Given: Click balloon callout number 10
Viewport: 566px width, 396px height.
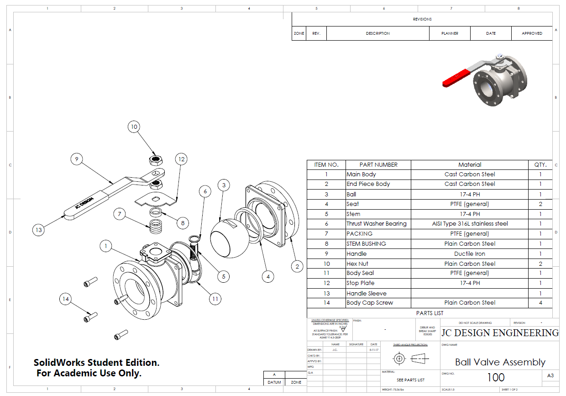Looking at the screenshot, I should [134, 127].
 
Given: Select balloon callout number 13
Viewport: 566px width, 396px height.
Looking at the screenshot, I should [39, 230].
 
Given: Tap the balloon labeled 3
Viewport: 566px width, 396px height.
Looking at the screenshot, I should [224, 185].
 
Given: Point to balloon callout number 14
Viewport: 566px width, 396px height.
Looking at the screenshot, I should [66, 299].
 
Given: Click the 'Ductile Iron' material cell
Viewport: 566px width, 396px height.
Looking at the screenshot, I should [469, 253].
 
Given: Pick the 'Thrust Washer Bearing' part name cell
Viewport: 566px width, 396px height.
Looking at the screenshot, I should [378, 224].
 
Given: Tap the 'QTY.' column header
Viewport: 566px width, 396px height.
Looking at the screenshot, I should [540, 164].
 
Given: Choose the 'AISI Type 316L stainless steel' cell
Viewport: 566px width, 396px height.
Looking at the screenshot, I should [469, 224].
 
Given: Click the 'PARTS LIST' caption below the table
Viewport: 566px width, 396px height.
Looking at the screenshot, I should [429, 313].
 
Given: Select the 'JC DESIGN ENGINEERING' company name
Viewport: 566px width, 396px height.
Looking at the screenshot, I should [499, 333].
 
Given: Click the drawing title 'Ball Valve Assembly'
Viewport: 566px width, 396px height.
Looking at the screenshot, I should [500, 362].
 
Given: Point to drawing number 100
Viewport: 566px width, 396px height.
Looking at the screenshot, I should [496, 377].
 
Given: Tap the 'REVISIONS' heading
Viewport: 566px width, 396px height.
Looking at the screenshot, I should [422, 19].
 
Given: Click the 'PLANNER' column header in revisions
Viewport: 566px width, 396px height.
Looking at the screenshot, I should [450, 33].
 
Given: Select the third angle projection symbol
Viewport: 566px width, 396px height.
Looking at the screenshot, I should [411, 359].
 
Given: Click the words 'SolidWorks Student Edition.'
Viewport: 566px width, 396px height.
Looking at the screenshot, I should [97, 363].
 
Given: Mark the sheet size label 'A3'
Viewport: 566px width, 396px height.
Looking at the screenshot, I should [550, 375].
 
